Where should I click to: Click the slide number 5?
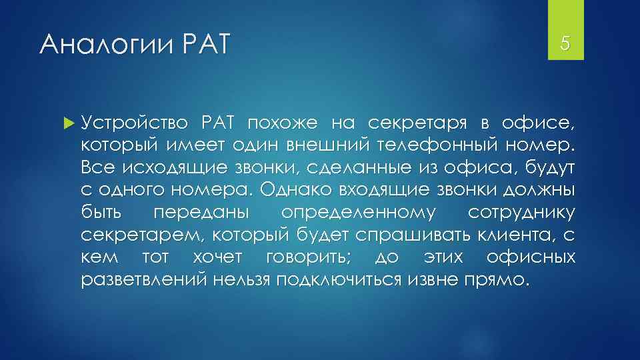565,45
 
